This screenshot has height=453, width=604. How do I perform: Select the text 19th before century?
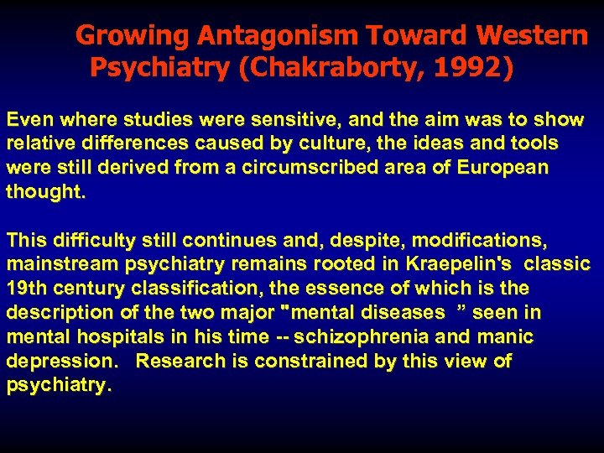[x=26, y=289]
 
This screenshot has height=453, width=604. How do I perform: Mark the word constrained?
[x=310, y=362]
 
